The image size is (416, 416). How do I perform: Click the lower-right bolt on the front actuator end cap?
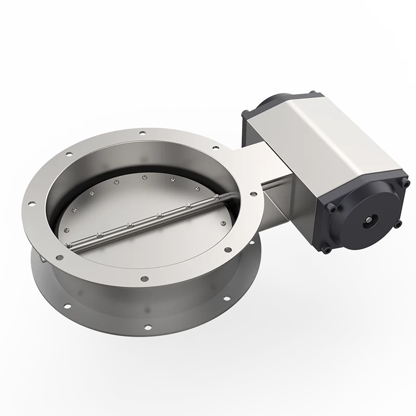[398, 225]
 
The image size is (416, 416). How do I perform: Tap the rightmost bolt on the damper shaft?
[215, 197]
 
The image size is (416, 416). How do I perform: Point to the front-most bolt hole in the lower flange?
[149, 328]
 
